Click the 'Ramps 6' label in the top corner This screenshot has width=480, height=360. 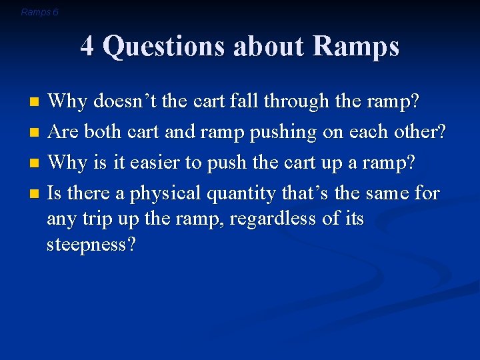(x=39, y=12)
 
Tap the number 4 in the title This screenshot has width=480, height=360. (x=87, y=47)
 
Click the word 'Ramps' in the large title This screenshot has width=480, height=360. (x=355, y=47)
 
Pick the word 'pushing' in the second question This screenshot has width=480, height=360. (x=283, y=133)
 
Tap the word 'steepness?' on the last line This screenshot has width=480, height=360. (x=91, y=245)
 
